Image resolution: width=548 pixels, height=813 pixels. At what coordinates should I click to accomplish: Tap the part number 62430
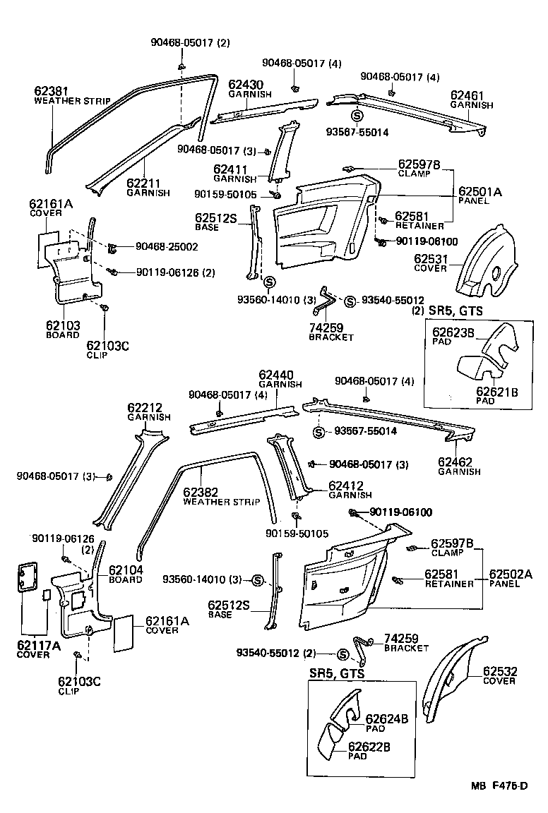[244, 83]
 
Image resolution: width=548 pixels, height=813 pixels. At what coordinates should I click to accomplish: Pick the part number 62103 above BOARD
[64, 325]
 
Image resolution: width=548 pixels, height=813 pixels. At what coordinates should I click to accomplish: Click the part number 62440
[275, 375]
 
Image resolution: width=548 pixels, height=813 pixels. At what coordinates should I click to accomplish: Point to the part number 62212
[145, 408]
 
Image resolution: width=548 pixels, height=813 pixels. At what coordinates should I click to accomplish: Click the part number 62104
[124, 570]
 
